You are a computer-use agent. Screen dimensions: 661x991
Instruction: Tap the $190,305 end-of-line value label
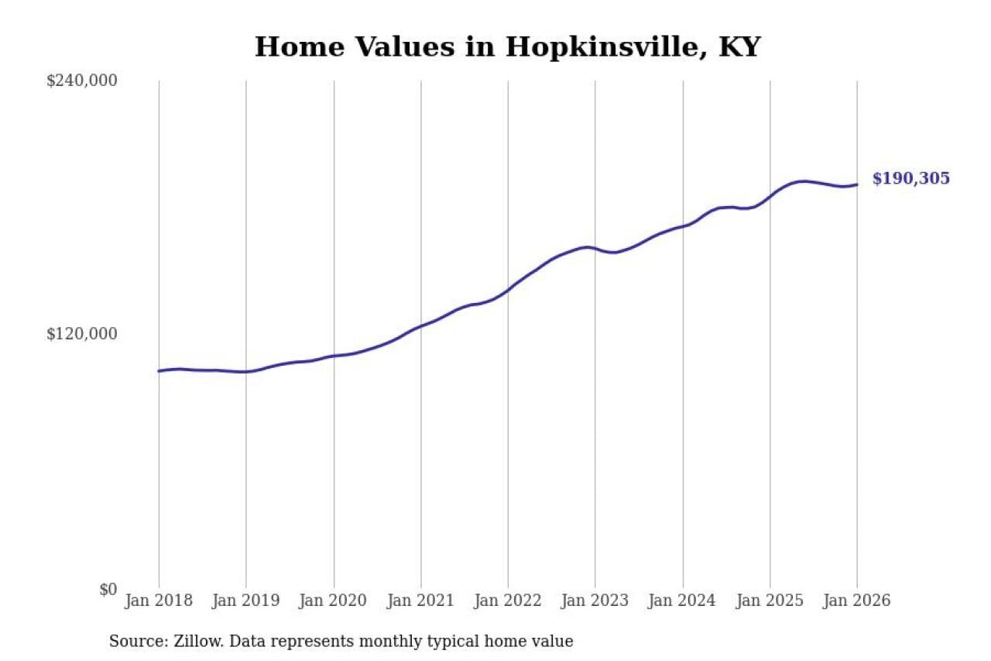(910, 179)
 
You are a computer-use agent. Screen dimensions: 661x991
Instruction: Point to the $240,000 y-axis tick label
(82, 81)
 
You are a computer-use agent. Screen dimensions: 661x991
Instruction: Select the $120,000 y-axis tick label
(82, 334)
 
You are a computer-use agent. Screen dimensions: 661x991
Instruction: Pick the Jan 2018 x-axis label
(159, 601)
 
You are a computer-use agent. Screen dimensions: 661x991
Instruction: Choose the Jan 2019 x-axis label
(246, 601)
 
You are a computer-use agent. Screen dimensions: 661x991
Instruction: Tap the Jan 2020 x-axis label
(334, 601)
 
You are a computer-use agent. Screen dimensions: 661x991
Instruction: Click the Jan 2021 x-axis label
(421, 601)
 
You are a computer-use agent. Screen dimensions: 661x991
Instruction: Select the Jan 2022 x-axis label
(508, 601)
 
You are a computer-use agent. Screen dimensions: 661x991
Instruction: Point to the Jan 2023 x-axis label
(595, 601)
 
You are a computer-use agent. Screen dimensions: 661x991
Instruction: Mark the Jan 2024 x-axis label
(683, 601)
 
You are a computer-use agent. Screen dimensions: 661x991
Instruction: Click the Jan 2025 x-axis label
(770, 601)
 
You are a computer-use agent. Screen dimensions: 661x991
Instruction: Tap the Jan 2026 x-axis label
(857, 601)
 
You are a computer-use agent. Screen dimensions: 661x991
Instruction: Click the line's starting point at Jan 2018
(159, 371)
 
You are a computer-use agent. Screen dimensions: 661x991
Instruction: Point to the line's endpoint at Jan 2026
(857, 184)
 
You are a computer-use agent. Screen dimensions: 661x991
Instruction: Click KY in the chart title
(739, 47)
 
